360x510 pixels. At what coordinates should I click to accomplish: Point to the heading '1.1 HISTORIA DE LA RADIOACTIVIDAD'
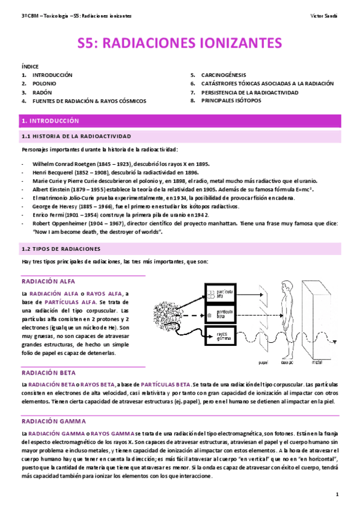[x=76, y=137]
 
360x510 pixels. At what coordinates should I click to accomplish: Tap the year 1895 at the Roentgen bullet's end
[x=200, y=163]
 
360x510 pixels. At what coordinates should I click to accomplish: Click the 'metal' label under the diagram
[x=316, y=363]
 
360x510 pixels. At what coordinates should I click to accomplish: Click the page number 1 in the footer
[x=338, y=494]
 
